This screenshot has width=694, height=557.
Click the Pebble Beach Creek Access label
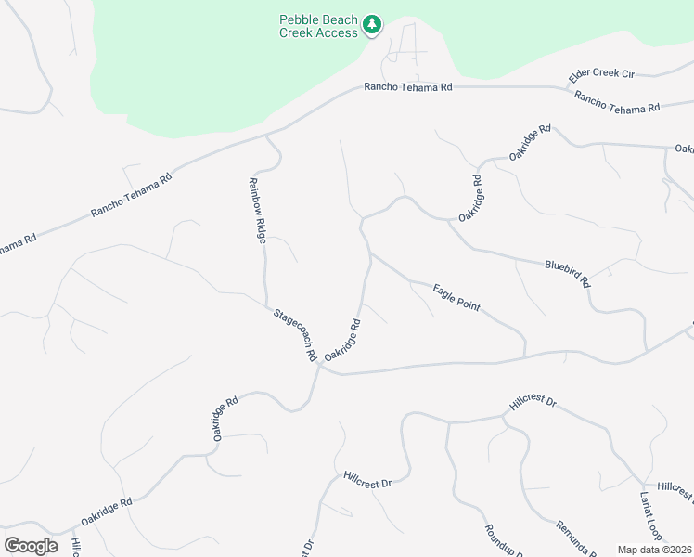[318, 26]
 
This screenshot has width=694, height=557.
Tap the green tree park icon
[372, 24]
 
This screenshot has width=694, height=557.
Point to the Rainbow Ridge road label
[256, 210]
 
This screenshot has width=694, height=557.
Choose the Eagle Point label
[456, 298]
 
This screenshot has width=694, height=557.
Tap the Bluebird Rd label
[568, 273]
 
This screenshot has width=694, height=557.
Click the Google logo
[31, 545]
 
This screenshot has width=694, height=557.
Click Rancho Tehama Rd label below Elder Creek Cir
[616, 101]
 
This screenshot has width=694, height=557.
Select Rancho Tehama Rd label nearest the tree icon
[407, 86]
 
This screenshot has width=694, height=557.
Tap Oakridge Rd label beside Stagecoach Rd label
[342, 341]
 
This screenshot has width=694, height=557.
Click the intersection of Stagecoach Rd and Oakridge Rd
[319, 364]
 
